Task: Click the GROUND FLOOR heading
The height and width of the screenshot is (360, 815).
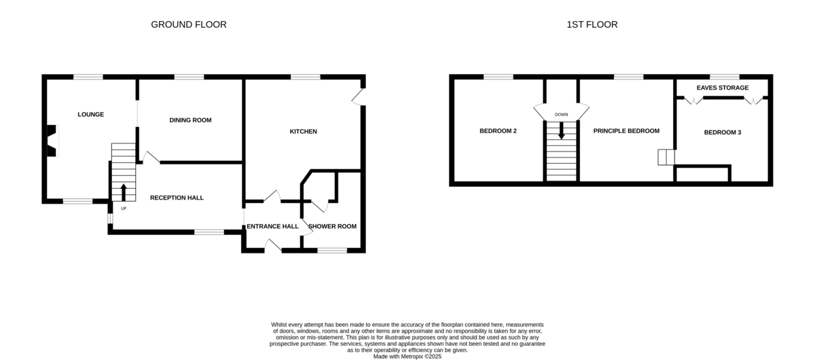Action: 189,24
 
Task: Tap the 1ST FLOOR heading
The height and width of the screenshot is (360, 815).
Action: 592,24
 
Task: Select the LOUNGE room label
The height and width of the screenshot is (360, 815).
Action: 90,114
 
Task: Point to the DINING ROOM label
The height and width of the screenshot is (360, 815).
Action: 190,120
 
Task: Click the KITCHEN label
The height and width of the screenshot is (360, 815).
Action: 303,131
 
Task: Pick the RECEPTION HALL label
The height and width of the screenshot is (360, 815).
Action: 177,198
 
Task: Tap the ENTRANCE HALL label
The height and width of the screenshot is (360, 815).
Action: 272,226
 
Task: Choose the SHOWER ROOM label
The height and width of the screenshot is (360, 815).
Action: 332,226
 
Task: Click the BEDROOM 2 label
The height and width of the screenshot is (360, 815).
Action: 498,131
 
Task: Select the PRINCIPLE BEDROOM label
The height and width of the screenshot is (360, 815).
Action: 626,131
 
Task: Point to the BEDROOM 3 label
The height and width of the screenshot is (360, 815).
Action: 723,132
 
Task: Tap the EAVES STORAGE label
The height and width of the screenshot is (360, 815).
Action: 723,88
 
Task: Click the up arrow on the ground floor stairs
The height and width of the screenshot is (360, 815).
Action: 124,192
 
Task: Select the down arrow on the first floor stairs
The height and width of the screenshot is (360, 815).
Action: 562,130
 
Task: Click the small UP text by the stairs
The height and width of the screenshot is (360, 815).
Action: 124,209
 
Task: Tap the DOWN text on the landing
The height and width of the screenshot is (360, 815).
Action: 562,115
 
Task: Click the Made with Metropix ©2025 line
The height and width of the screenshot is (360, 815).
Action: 407,357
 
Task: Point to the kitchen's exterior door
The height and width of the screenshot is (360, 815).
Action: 359,97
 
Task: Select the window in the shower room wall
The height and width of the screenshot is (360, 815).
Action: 332,251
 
